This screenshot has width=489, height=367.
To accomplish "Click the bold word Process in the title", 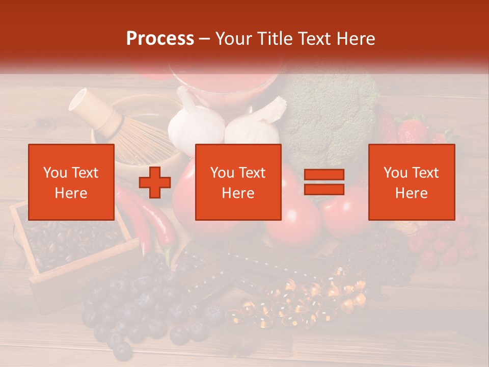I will click(x=160, y=39).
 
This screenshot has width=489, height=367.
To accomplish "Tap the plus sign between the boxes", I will click(x=155, y=182).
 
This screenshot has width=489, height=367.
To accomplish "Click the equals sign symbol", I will click(x=324, y=182).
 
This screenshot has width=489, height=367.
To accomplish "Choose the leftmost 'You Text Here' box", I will click(x=71, y=182).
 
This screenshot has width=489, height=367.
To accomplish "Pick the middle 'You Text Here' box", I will click(x=238, y=182).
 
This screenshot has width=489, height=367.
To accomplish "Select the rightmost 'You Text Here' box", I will click(x=411, y=182).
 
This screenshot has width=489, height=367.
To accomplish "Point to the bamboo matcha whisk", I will click(x=122, y=127).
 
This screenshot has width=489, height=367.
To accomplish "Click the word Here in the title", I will click(x=354, y=39).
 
